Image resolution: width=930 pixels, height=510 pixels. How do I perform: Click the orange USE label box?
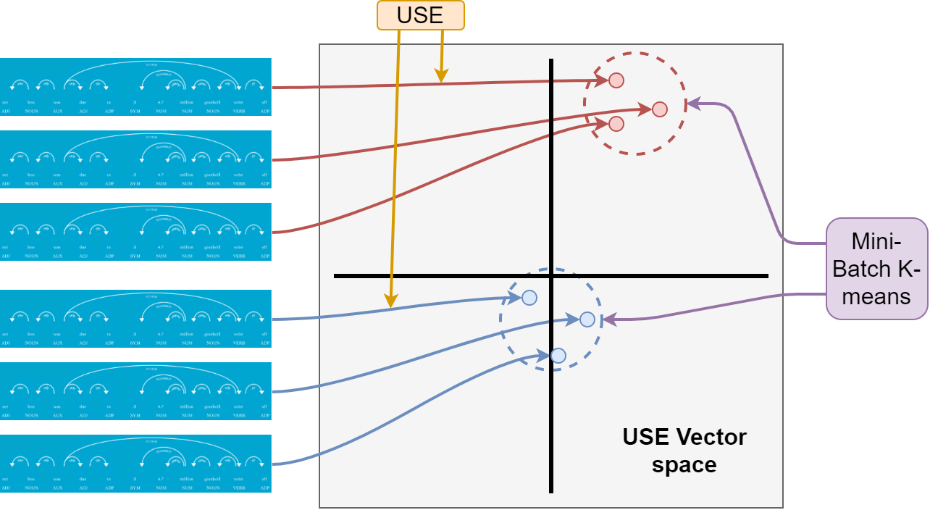[x=420, y=15]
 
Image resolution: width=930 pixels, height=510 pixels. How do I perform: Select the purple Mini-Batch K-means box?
[x=876, y=269]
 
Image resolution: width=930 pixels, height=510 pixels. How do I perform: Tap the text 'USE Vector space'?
[x=684, y=450]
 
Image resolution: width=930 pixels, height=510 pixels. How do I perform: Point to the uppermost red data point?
[x=616, y=80]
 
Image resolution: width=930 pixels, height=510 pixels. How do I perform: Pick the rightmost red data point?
[x=659, y=109]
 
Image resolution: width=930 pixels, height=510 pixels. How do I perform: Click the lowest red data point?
[x=616, y=124]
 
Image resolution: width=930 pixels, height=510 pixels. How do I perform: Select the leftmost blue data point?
[x=529, y=298]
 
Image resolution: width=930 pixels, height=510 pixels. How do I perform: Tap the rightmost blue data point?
[x=587, y=319]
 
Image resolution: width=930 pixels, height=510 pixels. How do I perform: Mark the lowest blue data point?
[x=558, y=356]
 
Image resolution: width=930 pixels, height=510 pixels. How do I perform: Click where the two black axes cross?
[x=551, y=276]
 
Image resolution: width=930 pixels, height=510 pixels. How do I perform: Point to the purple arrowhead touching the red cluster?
[x=692, y=104]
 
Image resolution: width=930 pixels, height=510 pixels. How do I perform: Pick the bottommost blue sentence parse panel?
[x=135, y=464]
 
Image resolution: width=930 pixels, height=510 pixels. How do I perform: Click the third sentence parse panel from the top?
[x=135, y=232]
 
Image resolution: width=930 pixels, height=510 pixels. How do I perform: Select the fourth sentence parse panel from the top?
[x=135, y=319]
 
